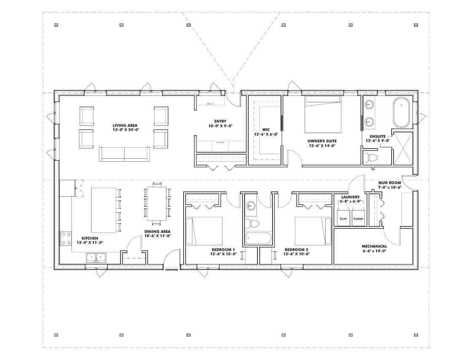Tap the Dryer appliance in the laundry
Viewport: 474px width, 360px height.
click(x=343, y=219)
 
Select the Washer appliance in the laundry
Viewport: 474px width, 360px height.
click(x=358, y=219)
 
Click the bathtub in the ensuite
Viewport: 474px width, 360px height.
click(x=402, y=112)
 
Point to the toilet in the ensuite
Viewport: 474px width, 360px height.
click(x=370, y=158)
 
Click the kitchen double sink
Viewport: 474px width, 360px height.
click(x=96, y=257)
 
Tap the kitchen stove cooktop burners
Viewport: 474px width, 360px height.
click(x=66, y=238)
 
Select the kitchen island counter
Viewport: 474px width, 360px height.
click(x=104, y=210)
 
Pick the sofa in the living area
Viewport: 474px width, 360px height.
click(x=124, y=154)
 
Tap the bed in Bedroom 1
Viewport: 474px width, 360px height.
click(x=204, y=231)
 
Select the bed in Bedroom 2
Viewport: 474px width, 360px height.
click(x=313, y=231)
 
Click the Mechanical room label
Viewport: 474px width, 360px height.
click(x=374, y=246)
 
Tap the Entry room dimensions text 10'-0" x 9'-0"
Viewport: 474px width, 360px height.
click(x=220, y=126)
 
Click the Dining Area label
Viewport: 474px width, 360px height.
click(x=157, y=232)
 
